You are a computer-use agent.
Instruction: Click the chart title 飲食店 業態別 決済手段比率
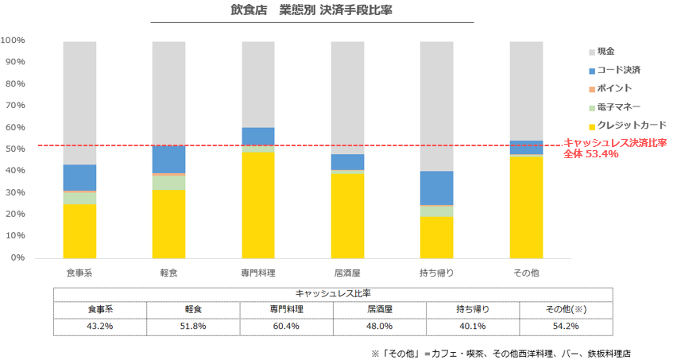point(311,11)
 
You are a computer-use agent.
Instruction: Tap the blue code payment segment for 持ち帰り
point(437,188)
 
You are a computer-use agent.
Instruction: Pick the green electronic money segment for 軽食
point(168,183)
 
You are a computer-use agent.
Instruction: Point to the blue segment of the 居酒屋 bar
point(348,162)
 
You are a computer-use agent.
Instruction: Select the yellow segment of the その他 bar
point(526,207)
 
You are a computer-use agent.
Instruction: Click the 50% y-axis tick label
point(16,149)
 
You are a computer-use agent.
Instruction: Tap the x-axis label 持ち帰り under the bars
point(437,273)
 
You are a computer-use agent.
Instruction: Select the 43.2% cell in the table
point(100,326)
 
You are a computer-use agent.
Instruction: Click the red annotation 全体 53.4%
point(590,154)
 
